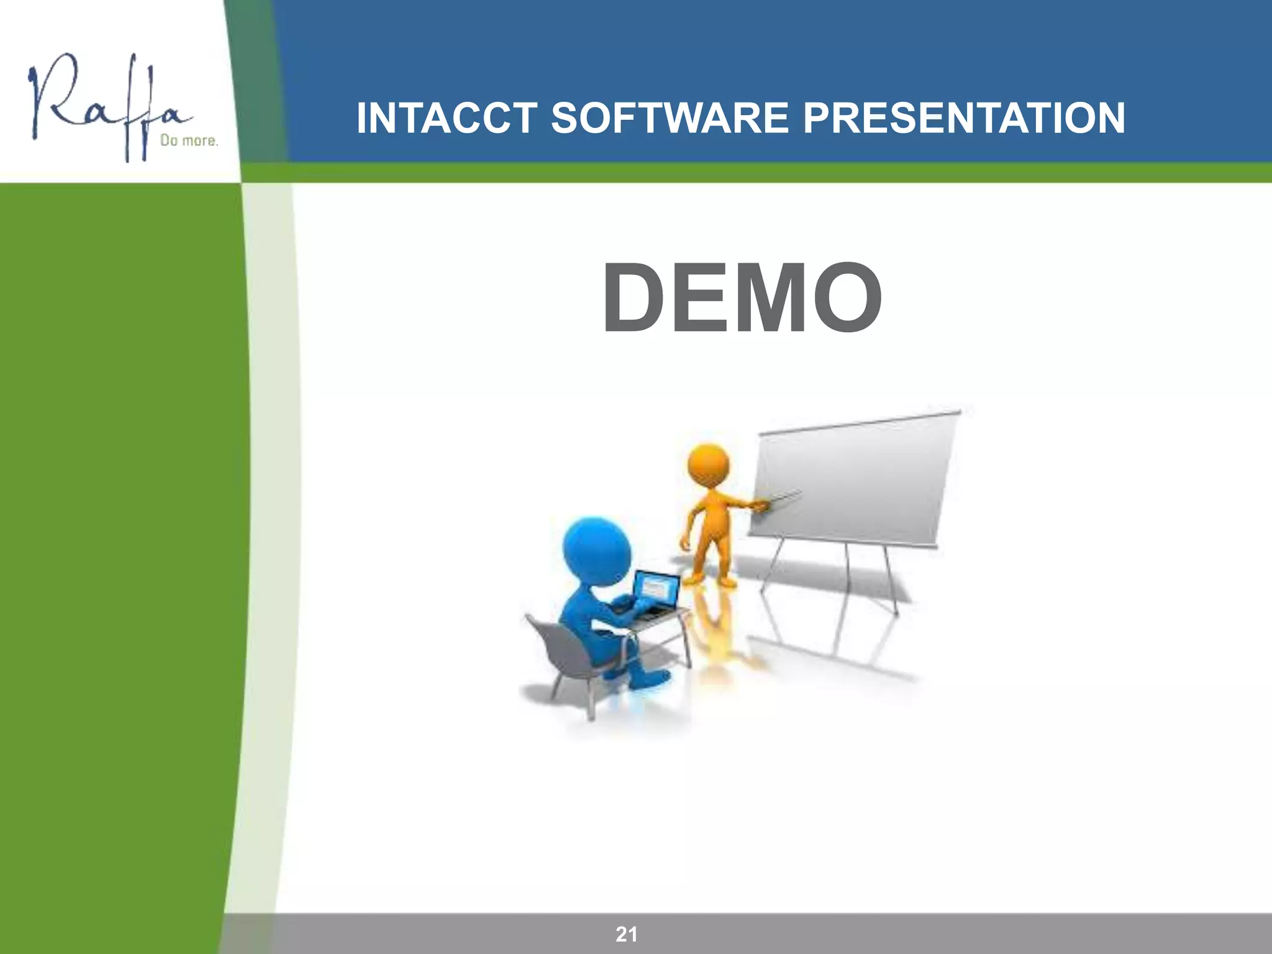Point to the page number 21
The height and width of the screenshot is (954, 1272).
tap(626, 934)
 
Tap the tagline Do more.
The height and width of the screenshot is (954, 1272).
tap(189, 141)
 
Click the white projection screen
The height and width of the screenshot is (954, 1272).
tap(854, 478)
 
